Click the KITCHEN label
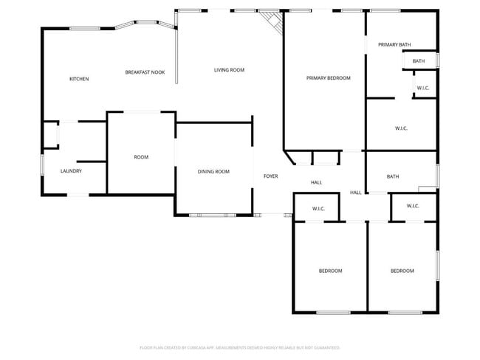[x=79, y=79]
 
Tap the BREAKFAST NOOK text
[x=145, y=72]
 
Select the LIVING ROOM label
[x=229, y=70]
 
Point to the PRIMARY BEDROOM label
[x=329, y=77]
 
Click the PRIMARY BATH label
[x=394, y=45]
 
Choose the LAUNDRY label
[x=71, y=171]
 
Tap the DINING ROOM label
[x=213, y=171]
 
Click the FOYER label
[x=271, y=177]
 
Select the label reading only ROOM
[x=141, y=157]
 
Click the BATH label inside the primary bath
[x=419, y=61]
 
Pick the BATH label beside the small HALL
[x=392, y=176]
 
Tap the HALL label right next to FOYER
[x=316, y=182]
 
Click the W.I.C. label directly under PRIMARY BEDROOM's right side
[x=401, y=128]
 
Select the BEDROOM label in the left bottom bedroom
[x=330, y=271]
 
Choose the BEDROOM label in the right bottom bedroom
[x=402, y=271]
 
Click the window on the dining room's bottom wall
[x=213, y=215]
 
